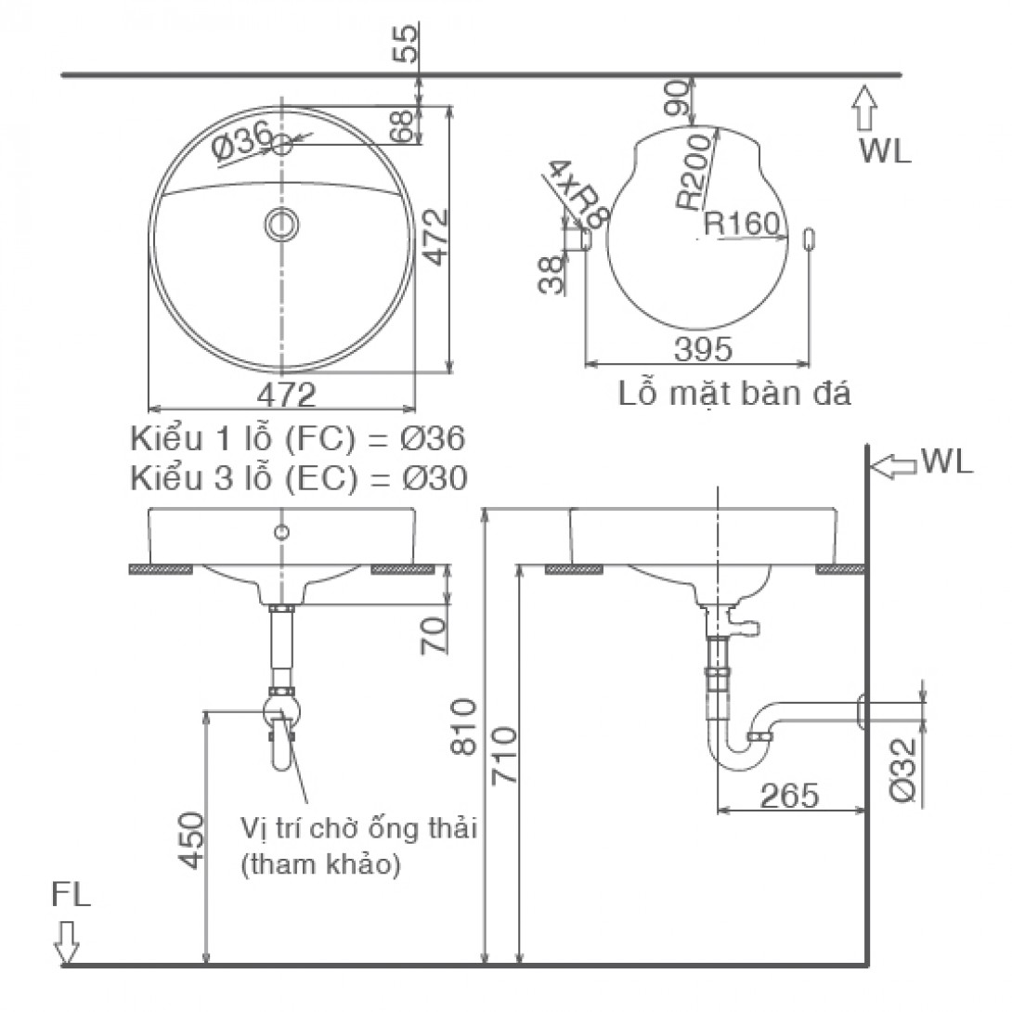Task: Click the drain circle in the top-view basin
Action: (281, 224)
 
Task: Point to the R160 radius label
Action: (745, 224)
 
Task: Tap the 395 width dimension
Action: (703, 350)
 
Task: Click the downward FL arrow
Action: (67, 941)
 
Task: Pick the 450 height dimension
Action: (191, 841)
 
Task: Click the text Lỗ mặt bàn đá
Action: (733, 394)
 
